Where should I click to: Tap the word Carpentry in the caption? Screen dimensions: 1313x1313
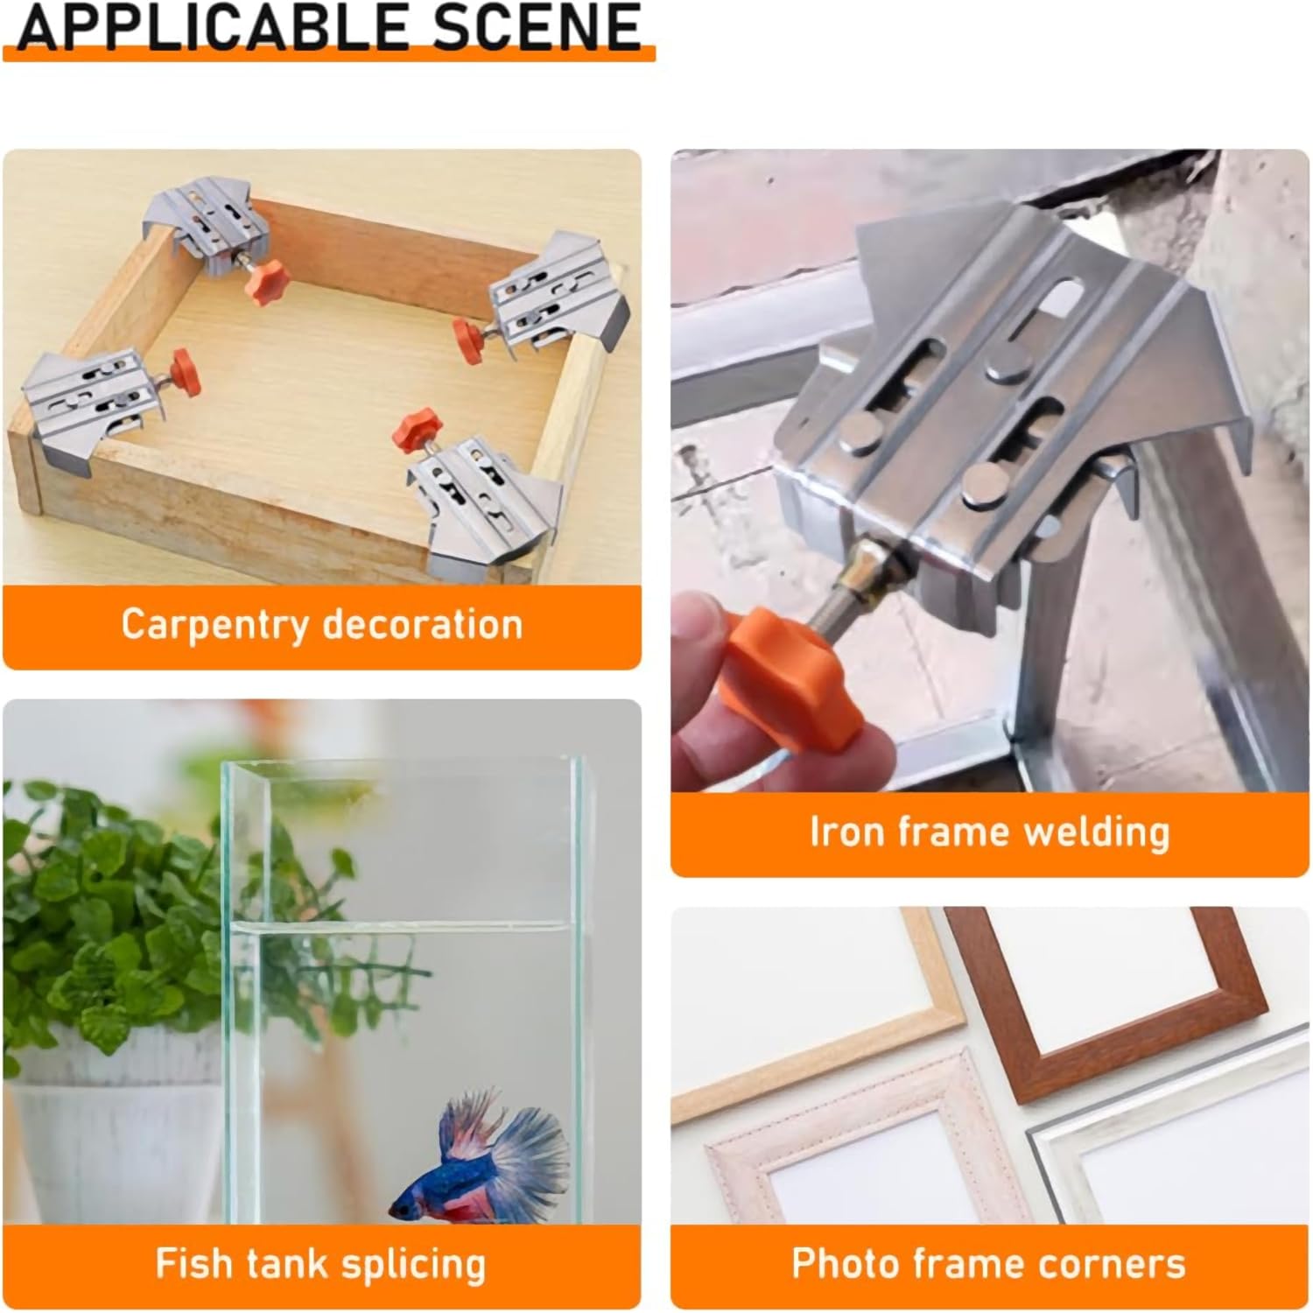click(x=214, y=625)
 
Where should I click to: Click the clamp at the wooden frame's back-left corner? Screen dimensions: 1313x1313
click(x=206, y=223)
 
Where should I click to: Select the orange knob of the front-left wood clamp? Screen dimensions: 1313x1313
click(x=183, y=371)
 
